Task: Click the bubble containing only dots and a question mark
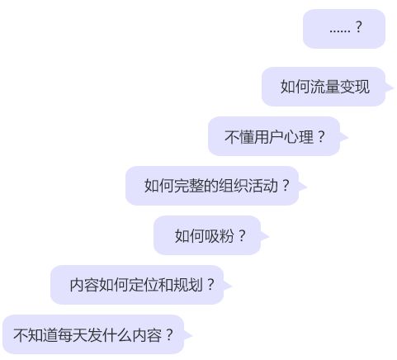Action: point(344,29)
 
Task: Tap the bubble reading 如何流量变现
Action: point(324,87)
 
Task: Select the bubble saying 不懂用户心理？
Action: point(274,136)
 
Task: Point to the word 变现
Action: point(355,87)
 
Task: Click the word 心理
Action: point(299,137)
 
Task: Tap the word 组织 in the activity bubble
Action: point(233,186)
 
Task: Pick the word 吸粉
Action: point(219,236)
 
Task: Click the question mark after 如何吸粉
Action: point(242,236)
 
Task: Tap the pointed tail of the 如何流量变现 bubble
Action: point(393,88)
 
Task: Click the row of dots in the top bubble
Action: point(340,31)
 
